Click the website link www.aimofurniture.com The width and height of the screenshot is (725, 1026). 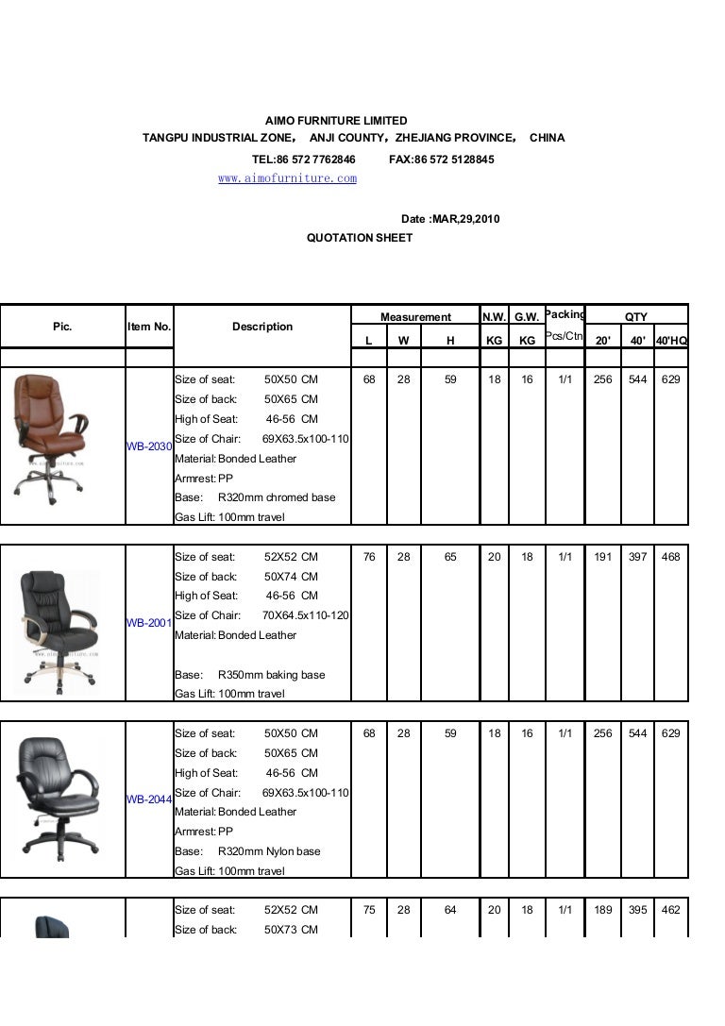(x=287, y=177)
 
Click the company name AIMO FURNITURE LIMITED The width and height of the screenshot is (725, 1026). (x=336, y=121)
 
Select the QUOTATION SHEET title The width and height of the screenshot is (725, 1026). (x=360, y=238)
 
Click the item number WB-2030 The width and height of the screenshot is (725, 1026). (x=149, y=446)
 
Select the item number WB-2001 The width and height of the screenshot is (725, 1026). (x=149, y=623)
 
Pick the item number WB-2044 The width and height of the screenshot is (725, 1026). (x=149, y=799)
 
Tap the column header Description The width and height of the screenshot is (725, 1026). (x=262, y=327)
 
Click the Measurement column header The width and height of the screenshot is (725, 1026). (x=415, y=317)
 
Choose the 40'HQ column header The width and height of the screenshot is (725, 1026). (x=671, y=338)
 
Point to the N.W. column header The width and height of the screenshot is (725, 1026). (x=494, y=317)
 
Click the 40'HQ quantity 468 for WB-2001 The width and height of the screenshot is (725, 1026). (x=671, y=557)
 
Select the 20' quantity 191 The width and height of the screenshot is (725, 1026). (x=602, y=557)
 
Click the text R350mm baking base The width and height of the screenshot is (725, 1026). (x=271, y=675)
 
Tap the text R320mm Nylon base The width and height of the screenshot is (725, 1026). (x=269, y=851)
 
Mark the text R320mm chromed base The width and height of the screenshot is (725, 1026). (x=277, y=497)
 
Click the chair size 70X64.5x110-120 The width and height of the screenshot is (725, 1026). (x=306, y=615)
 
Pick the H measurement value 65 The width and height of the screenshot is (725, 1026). (x=450, y=557)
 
